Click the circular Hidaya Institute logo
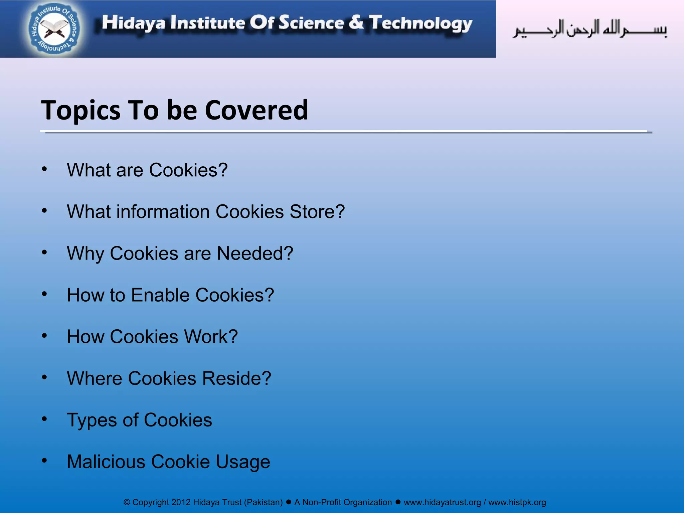[x=54, y=29]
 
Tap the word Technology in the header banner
[x=420, y=23]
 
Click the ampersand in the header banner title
[x=356, y=22]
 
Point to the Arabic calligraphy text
[x=590, y=29]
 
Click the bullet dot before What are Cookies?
[x=44, y=169]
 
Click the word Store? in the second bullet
[x=317, y=212]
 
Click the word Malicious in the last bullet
[x=106, y=462]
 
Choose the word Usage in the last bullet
[x=243, y=462]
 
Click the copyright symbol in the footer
[x=127, y=502]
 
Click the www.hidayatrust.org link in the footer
[x=442, y=502]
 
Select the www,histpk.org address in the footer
[x=517, y=502]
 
